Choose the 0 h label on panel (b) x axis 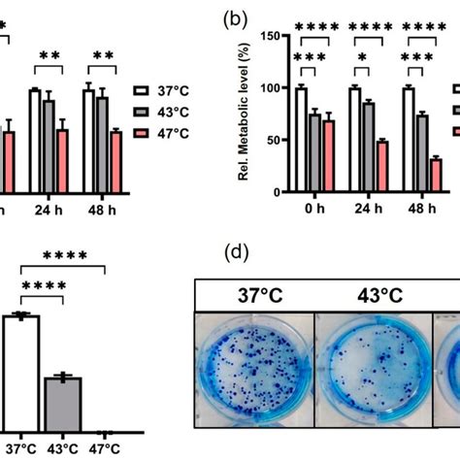click(x=314, y=209)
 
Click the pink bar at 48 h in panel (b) click(x=436, y=175)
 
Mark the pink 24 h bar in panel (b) click(x=381, y=166)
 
